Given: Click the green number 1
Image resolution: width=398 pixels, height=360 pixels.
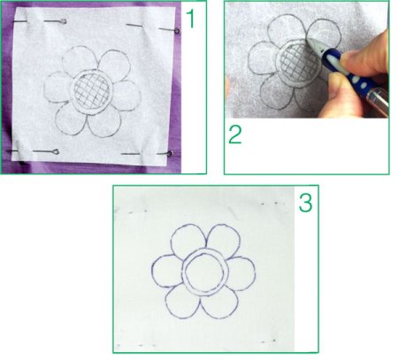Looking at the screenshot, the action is [191, 19].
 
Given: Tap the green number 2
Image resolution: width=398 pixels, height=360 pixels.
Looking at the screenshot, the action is [235, 134].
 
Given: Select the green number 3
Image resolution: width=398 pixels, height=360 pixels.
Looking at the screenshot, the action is [306, 203].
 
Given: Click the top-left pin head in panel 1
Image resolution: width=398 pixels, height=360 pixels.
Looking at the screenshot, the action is [64, 21].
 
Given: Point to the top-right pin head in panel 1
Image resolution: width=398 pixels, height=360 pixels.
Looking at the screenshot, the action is [177, 31].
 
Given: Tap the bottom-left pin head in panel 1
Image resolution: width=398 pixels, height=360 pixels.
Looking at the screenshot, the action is [56, 152].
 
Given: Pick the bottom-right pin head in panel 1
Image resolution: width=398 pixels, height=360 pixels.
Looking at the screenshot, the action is [170, 153].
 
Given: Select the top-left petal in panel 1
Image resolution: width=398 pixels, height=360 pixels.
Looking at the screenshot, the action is [79, 59].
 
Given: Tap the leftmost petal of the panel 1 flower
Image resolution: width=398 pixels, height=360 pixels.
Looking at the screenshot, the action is [58, 88].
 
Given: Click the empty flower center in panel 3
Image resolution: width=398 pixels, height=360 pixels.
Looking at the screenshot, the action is [205, 272].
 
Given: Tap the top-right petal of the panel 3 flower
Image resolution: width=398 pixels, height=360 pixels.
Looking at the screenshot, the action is [224, 239].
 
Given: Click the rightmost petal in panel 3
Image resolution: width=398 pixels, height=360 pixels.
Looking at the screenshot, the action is [241, 273].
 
